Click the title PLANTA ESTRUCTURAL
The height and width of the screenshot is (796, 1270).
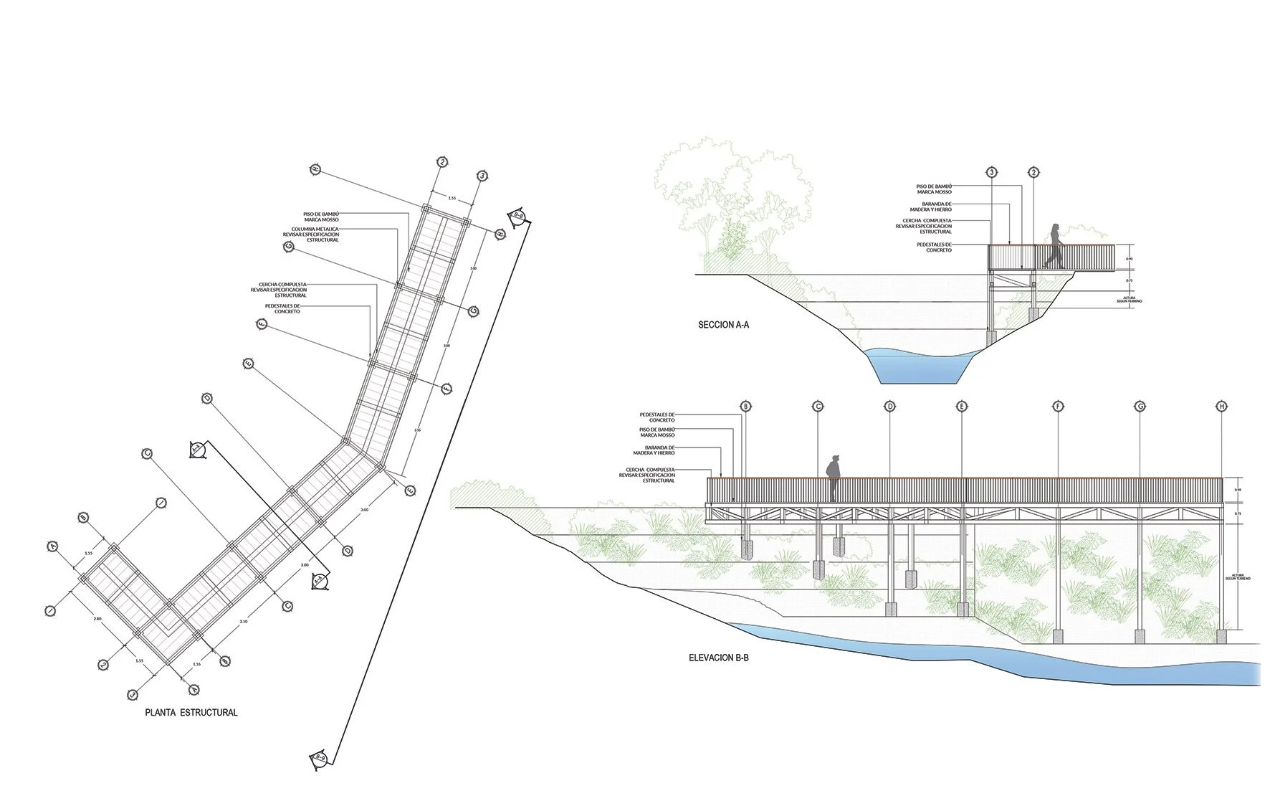[x=191, y=713]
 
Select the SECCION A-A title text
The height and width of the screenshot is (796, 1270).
[x=724, y=325]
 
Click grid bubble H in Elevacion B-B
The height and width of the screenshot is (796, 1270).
[x=1221, y=407]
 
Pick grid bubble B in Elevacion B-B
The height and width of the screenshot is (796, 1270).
[x=745, y=407]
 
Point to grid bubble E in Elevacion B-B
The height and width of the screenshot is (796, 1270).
[x=961, y=407]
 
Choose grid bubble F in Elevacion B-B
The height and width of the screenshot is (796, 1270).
[x=1058, y=407]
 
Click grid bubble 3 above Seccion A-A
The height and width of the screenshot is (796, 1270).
[x=992, y=172]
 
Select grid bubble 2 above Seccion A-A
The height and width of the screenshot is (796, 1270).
[x=1033, y=172]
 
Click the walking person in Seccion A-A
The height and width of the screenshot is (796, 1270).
[x=1054, y=247]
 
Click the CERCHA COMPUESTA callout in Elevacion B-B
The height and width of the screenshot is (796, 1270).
[x=649, y=475]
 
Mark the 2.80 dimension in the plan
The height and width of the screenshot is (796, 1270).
[x=97, y=617]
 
